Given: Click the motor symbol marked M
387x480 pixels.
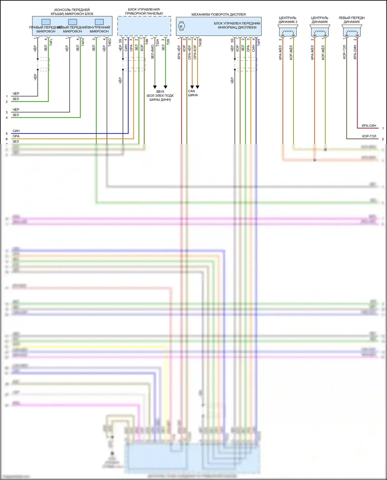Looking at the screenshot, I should pos(181,26).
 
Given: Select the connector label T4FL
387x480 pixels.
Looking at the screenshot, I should pos(51,42).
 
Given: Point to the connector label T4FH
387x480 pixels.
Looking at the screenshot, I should pos(83,42).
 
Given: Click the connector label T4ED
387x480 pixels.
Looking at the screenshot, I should pos(110,42).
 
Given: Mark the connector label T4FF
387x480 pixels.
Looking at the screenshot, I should pos(259,42).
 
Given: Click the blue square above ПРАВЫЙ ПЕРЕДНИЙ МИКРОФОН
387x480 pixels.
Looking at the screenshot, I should pos(46,22).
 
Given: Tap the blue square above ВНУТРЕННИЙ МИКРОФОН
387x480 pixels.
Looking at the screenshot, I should pos(99,22).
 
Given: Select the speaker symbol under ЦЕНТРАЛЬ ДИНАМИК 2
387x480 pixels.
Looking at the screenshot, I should pos(288,31).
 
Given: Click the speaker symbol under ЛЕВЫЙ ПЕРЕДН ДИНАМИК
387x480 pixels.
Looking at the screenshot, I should pos(352,31).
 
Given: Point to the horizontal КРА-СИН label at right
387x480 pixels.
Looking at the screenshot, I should pos(369,126).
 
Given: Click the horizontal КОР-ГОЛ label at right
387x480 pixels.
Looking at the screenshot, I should pos(369,136).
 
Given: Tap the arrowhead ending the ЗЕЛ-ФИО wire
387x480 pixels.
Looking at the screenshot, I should pos(155,87).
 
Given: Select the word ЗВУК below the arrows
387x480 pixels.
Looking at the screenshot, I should pos(160,92).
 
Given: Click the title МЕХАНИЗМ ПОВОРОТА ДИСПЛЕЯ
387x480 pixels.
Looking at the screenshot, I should pos(219,14).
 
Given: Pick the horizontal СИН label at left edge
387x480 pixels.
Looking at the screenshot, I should pos(16,131).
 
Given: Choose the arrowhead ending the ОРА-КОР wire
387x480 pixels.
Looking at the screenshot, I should pos(197,87).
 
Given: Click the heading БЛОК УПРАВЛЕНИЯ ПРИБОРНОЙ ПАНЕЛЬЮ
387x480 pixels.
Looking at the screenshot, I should pos(144,11).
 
